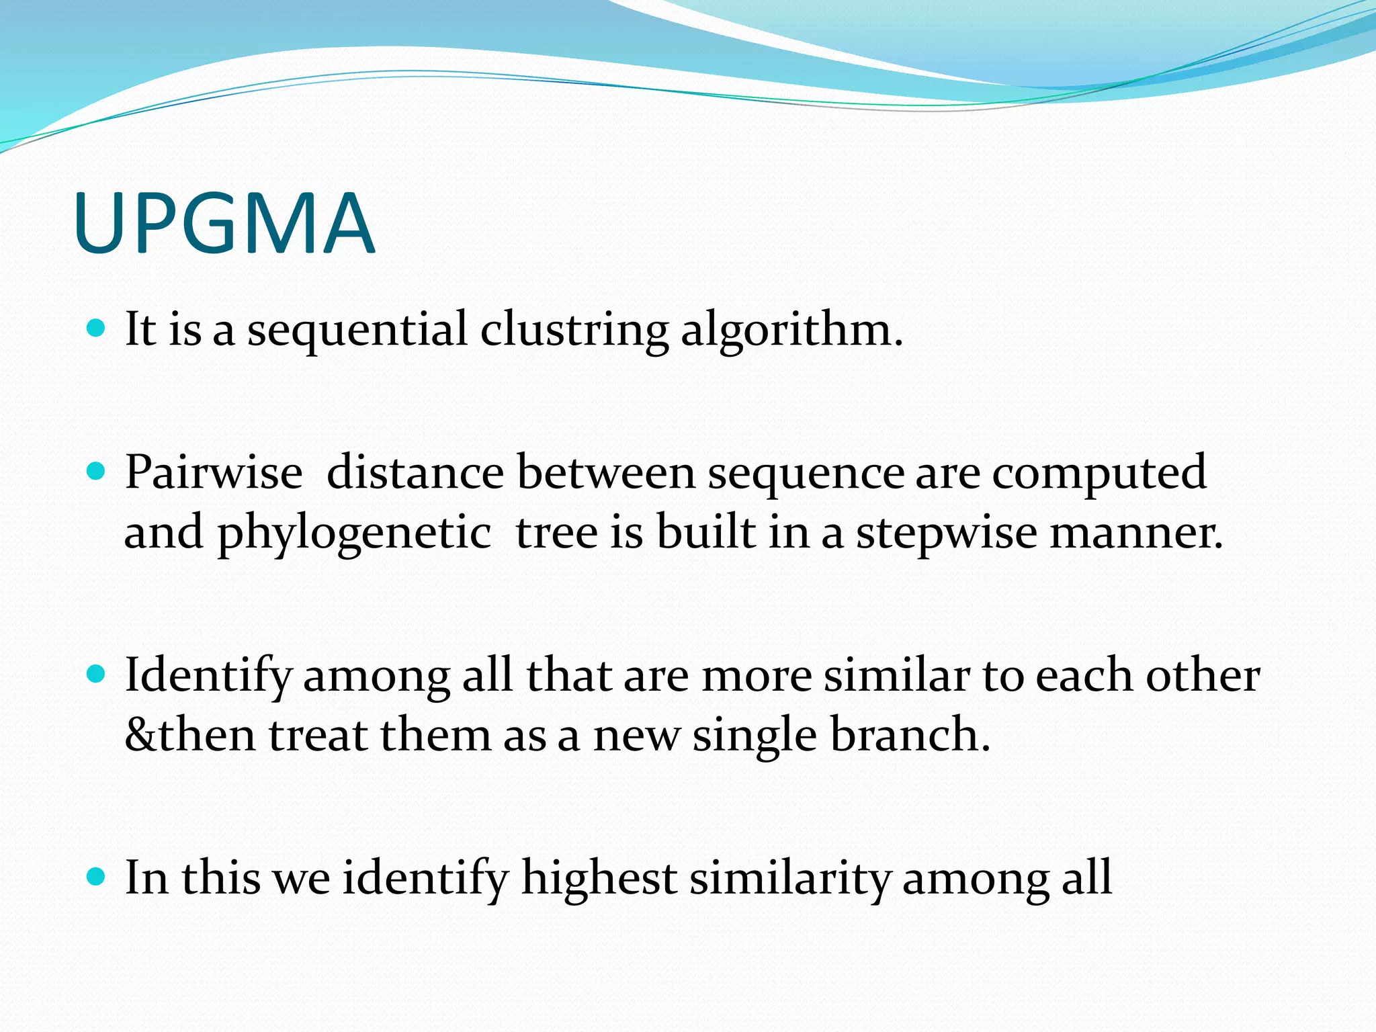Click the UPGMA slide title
(224, 223)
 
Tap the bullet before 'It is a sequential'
(97, 328)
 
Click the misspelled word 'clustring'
(574, 331)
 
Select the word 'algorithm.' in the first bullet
(791, 331)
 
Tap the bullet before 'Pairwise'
(97, 470)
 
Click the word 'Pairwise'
(214, 472)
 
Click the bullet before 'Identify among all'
(97, 673)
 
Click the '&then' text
(190, 734)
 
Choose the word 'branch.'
(910, 734)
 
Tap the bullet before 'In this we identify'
(97, 876)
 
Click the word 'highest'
(599, 878)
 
